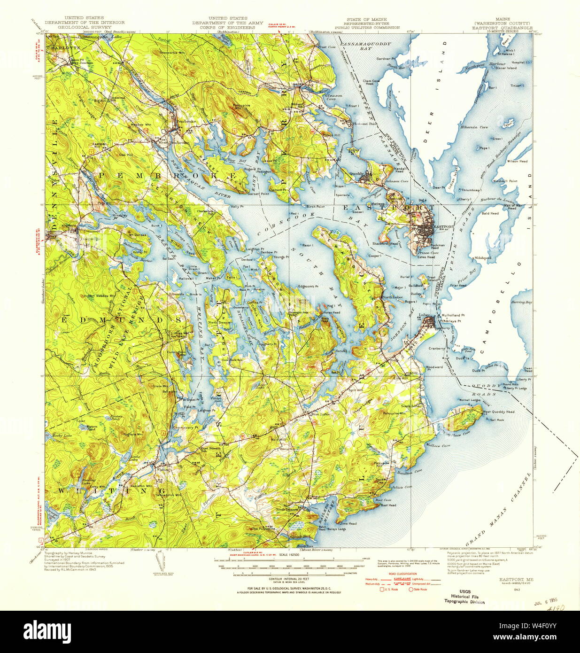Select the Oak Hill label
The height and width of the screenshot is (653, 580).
point(126,155)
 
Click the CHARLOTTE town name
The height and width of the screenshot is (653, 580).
point(63,48)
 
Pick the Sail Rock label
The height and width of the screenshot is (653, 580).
point(497,420)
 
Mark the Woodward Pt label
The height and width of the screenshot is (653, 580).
point(434,367)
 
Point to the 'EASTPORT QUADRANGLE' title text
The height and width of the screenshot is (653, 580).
point(503,28)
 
